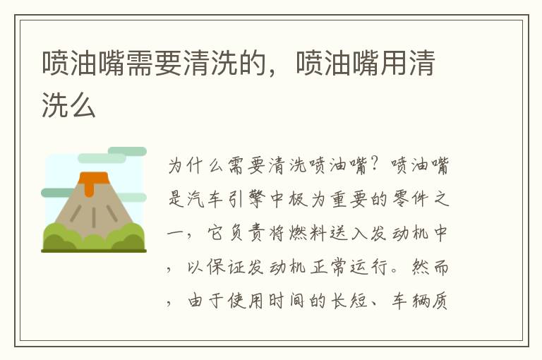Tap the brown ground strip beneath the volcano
tap(94, 250)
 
